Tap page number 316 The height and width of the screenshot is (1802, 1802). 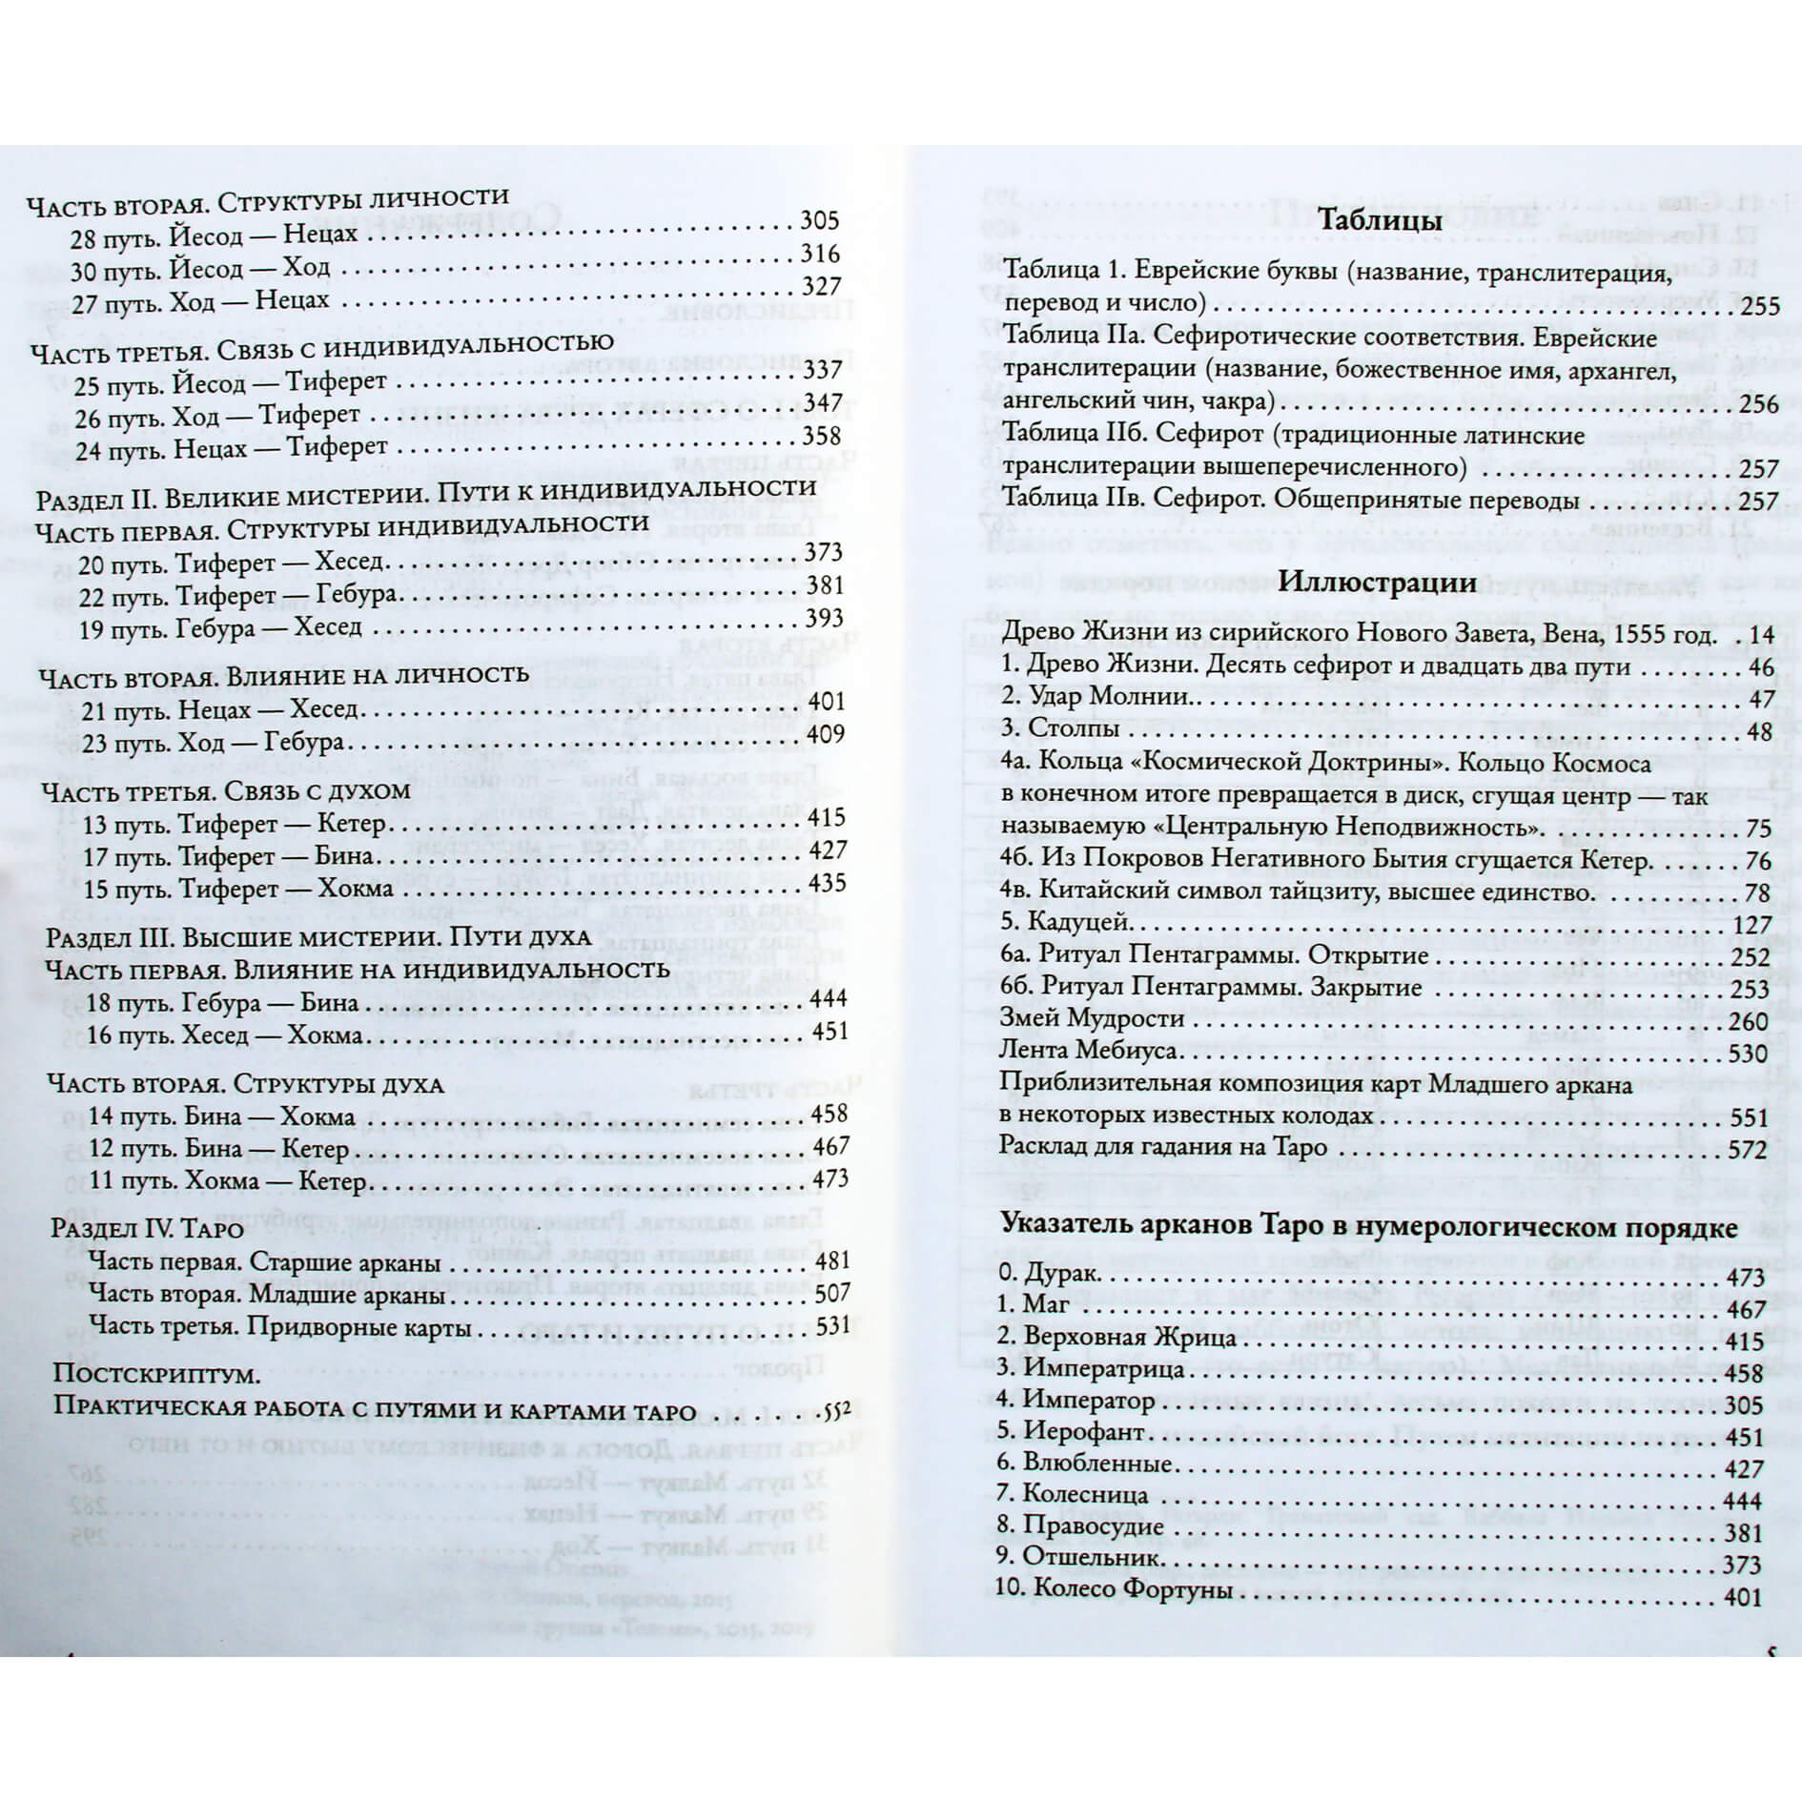(819, 255)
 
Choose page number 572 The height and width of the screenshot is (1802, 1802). (1748, 1150)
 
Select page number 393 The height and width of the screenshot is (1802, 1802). (825, 619)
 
